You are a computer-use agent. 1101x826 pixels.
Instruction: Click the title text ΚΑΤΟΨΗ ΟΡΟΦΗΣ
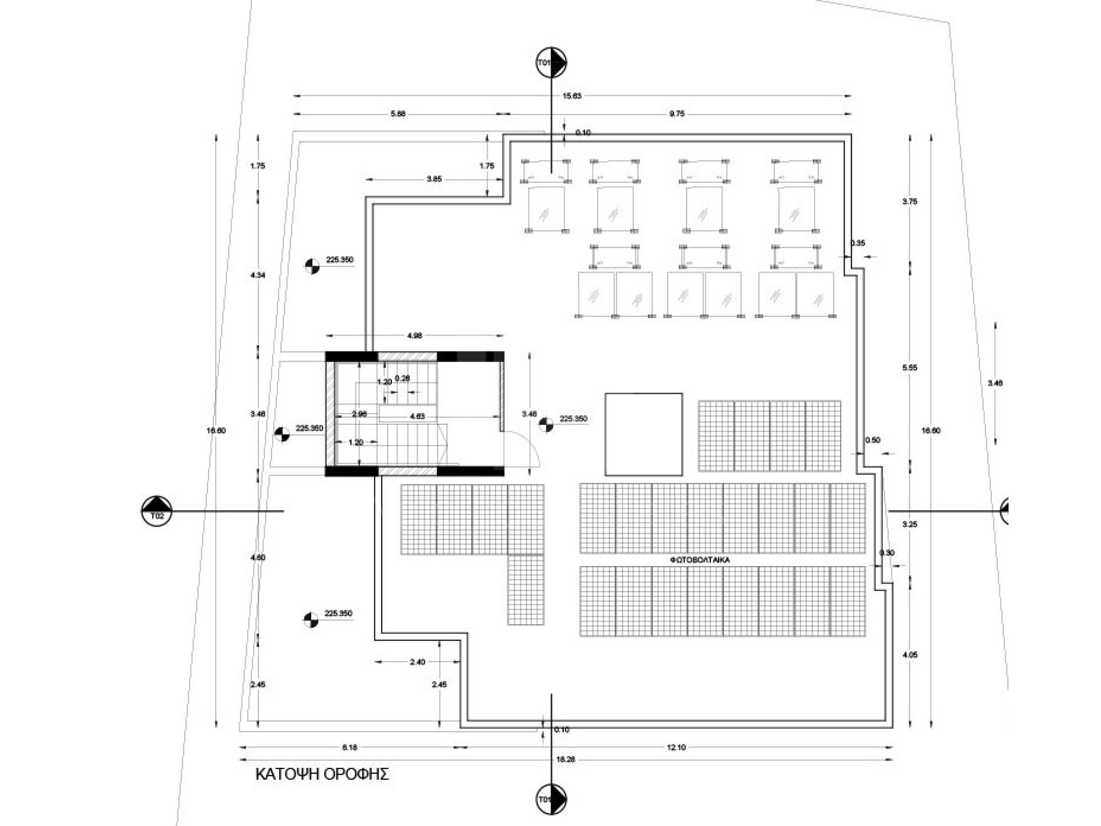321,774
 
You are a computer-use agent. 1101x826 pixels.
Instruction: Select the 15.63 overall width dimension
571,96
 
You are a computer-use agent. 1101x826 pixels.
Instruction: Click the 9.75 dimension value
677,114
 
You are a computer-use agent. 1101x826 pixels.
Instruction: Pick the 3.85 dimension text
434,179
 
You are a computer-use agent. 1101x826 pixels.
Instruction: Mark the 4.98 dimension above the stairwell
415,336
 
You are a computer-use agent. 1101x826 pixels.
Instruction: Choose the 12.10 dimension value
676,747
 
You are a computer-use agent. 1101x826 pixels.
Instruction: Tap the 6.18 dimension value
349,747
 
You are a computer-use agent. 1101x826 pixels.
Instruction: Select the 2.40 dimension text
417,662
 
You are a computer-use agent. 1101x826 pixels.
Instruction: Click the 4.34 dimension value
258,275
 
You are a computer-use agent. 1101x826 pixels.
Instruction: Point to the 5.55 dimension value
910,368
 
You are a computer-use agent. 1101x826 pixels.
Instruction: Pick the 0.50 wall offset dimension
873,440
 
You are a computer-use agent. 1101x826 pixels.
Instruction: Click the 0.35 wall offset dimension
857,243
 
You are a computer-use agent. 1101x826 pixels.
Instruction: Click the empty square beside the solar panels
644,435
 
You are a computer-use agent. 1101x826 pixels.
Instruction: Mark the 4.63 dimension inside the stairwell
417,416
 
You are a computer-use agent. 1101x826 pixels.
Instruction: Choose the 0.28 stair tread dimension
402,378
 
